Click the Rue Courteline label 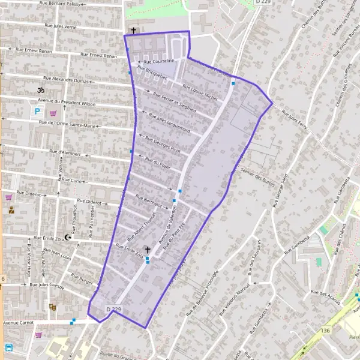[x=157, y=61]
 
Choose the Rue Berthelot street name [x=149, y=201]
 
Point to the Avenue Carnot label [x=19, y=322]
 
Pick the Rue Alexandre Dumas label [x=67, y=80]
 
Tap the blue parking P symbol [x=37, y=112]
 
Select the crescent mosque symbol [x=68, y=238]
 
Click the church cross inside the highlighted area [x=148, y=249]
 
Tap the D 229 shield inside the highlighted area [x=113, y=309]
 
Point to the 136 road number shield [x=326, y=331]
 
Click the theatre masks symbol [x=53, y=307]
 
